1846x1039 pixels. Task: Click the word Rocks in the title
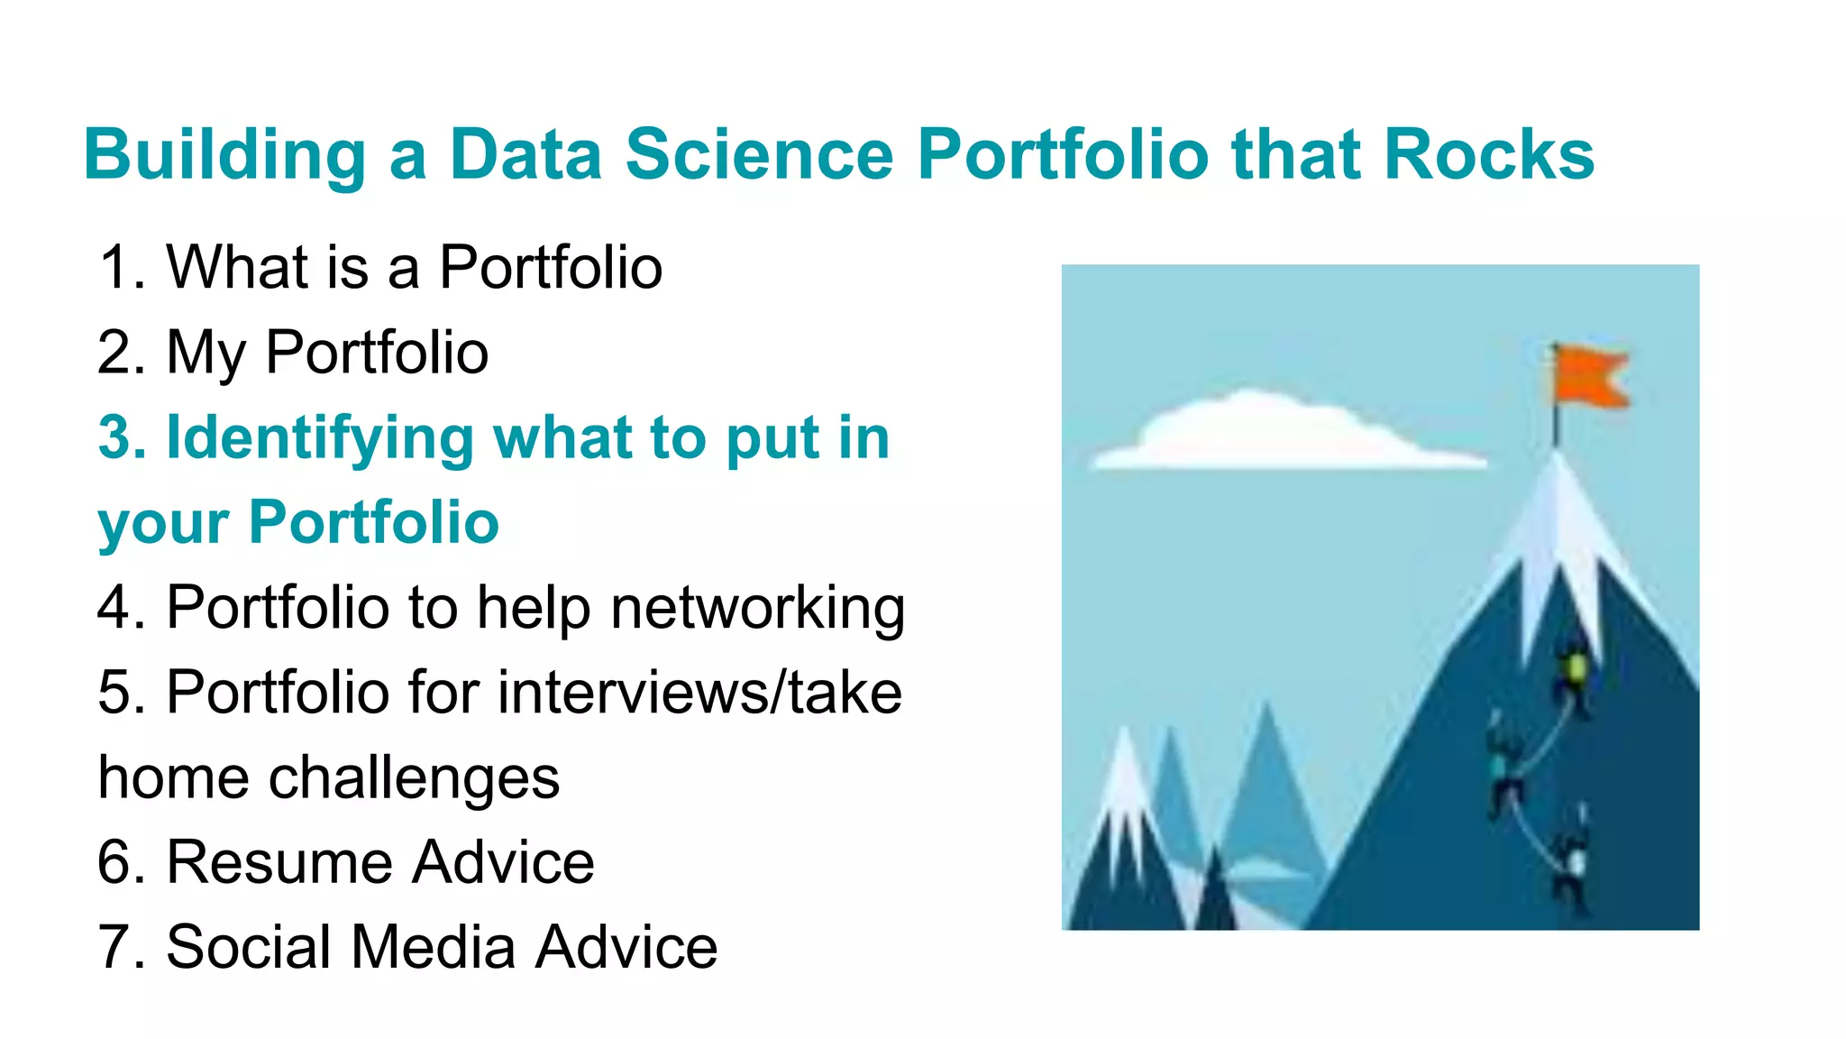pos(1488,154)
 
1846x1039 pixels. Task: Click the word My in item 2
pos(206,354)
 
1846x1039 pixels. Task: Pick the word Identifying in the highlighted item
pos(319,438)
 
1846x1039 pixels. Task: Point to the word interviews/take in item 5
pos(699,693)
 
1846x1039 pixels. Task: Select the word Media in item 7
pos(433,948)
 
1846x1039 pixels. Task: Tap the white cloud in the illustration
pos(1280,433)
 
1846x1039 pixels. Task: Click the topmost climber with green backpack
pos(1575,672)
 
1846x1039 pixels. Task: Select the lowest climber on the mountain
pos(1573,861)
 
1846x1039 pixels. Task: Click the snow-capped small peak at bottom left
pos(1125,794)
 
